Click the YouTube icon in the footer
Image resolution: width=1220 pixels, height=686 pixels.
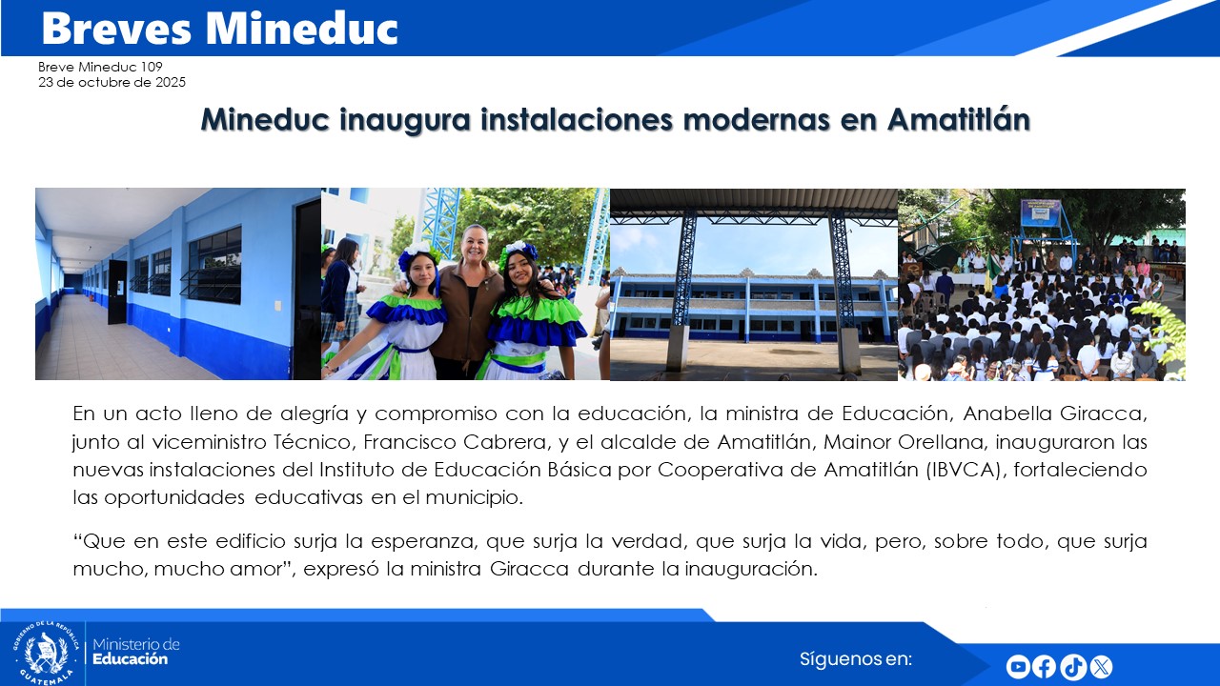pos(1018,667)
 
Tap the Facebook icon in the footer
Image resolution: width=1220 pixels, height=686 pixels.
pos(1045,667)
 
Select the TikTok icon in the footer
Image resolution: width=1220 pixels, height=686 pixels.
pos(1073,667)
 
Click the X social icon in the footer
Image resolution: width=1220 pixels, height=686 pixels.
pos(1101,667)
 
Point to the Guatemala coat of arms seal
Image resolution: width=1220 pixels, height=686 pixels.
pos(45,654)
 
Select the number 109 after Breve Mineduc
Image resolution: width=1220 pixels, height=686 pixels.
pos(152,67)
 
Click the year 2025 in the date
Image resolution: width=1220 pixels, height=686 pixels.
pos(169,82)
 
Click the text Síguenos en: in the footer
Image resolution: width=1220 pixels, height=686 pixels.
pos(856,658)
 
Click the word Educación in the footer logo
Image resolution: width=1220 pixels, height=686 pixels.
pos(130,659)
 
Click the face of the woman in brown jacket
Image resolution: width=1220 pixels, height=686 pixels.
pos(474,244)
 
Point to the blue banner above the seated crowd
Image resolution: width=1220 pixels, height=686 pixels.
pos(1041,212)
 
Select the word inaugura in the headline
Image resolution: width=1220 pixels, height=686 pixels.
pos(399,121)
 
